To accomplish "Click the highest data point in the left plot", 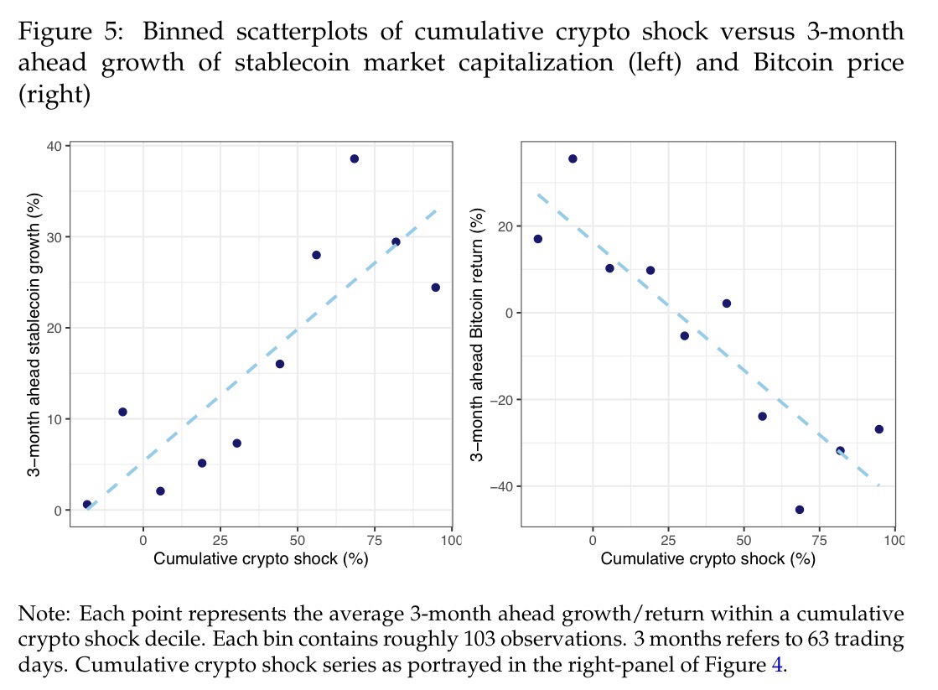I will (354, 158).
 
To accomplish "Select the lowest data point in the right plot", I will (799, 509).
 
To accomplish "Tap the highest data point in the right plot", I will (573, 158).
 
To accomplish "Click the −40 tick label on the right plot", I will (501, 486).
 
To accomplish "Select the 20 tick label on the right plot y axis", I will (505, 226).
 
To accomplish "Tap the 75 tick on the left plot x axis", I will (374, 537).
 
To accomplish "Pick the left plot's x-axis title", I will (261, 559).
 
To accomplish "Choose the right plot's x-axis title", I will (707, 559).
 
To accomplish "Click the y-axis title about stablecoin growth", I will (35, 335).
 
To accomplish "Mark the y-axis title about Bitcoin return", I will (477, 335).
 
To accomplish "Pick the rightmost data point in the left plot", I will (435, 287).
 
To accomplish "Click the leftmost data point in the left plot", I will (87, 504).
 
